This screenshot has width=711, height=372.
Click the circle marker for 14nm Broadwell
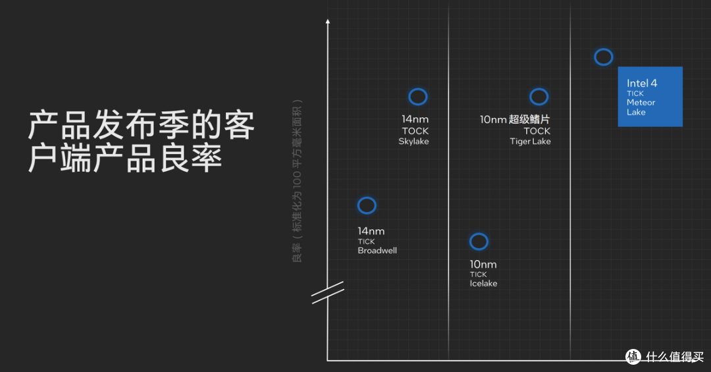coord(367,198)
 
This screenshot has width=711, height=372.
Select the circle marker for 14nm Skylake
coord(417,88)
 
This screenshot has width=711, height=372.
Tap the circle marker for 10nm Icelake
coord(479,233)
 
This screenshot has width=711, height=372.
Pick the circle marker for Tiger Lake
coord(539,88)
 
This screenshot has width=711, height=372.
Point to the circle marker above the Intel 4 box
coord(604,49)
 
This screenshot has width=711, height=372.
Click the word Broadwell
coord(377,250)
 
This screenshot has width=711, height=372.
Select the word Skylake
coord(413,142)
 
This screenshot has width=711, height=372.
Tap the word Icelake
coord(483,284)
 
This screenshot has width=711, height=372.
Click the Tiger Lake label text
coord(530,142)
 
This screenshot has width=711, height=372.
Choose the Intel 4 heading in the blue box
coord(642,83)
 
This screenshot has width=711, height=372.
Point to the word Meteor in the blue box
coord(641,103)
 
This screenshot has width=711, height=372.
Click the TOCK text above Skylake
coord(415,131)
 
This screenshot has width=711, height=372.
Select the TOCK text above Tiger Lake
coord(537,131)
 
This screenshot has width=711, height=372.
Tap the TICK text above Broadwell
coord(366,242)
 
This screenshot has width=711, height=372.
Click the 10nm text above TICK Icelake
coord(483,265)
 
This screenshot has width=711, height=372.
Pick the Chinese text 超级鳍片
coord(529,119)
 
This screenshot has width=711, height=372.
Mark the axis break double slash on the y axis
coord(327,292)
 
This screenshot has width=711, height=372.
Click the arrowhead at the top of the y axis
coord(328,21)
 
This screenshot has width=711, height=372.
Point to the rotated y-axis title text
coord(297,180)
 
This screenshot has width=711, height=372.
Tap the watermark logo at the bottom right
coord(633,357)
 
